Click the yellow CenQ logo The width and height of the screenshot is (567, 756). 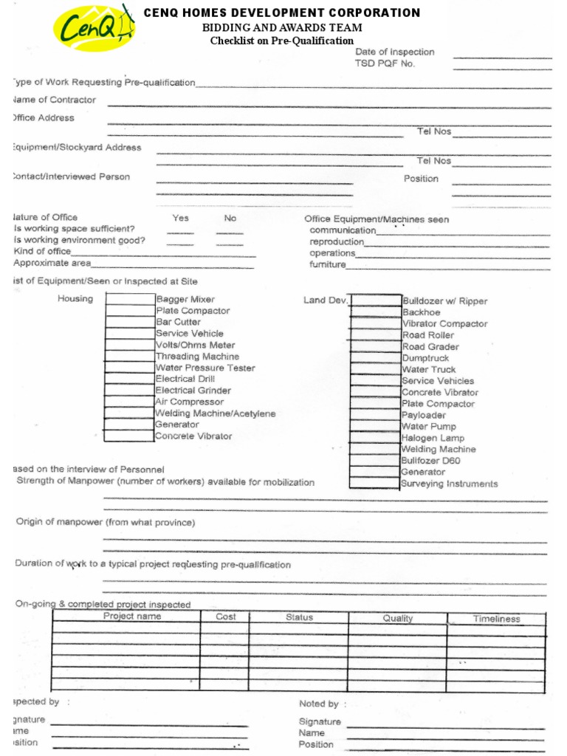pyautogui.click(x=94, y=29)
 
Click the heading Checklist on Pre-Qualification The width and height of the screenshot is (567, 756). pyautogui.click(x=281, y=41)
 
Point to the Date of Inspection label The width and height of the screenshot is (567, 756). pyautogui.click(x=394, y=52)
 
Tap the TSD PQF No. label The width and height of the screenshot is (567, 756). pyautogui.click(x=385, y=64)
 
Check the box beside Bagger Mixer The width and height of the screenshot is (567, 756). pyautogui.click(x=129, y=299)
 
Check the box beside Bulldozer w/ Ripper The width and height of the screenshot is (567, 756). pyautogui.click(x=375, y=300)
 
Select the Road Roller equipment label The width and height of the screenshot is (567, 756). pyautogui.click(x=428, y=335)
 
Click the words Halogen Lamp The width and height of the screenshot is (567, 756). pyautogui.click(x=433, y=438)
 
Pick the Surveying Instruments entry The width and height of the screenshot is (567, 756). pyautogui.click(x=449, y=484)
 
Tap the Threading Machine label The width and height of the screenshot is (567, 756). pyautogui.click(x=197, y=357)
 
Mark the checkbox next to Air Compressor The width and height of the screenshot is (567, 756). pyautogui.click(x=129, y=402)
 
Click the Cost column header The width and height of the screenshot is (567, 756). pyautogui.click(x=226, y=617)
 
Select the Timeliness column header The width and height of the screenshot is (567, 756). pyautogui.click(x=496, y=619)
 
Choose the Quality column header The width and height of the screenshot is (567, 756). pyautogui.click(x=397, y=619)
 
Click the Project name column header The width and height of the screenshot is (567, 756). pyautogui.click(x=132, y=616)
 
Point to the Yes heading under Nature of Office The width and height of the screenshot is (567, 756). pyautogui.click(x=180, y=219)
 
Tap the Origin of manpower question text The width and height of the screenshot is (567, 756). pyautogui.click(x=106, y=523)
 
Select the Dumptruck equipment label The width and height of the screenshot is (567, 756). pyautogui.click(x=425, y=358)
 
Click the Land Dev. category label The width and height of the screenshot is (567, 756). pyautogui.click(x=326, y=300)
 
